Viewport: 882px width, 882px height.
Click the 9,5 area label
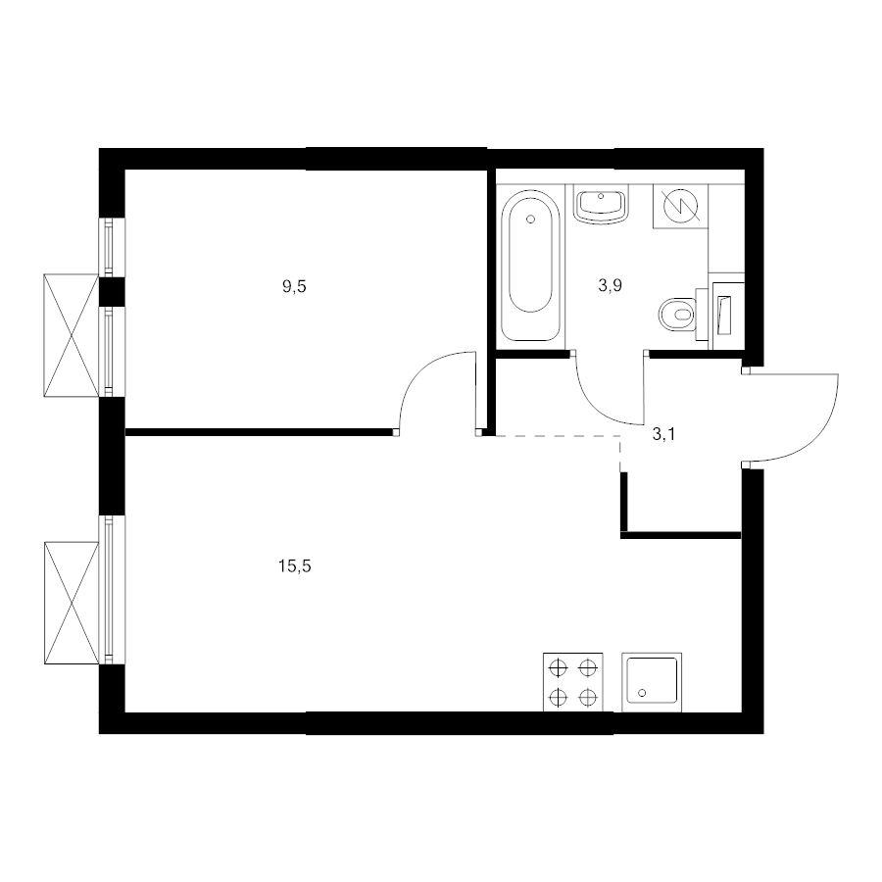(x=294, y=287)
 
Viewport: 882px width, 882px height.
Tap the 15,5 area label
(x=294, y=565)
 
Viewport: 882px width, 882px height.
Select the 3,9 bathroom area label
(x=610, y=286)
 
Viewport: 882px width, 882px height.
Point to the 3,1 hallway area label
(x=663, y=434)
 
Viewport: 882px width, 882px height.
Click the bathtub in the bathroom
(x=530, y=265)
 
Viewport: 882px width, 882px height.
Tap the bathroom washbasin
(x=601, y=205)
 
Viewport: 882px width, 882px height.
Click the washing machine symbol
(x=681, y=206)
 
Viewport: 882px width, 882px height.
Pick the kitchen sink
(x=652, y=682)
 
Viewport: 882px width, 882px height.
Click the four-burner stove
(x=572, y=682)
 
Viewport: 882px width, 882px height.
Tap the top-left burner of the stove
(x=558, y=667)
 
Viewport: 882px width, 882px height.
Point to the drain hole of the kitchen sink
(x=642, y=693)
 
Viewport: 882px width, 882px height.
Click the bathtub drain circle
(x=530, y=220)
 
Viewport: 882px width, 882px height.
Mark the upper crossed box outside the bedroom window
(x=72, y=335)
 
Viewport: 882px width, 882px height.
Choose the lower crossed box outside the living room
(x=72, y=603)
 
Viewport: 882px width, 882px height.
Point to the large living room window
(x=112, y=590)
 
